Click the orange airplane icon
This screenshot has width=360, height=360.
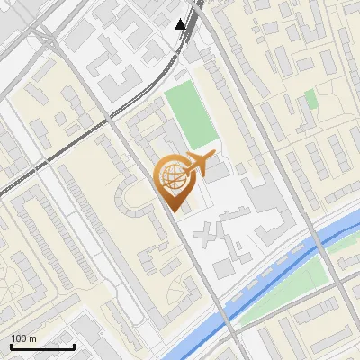tap(198, 163)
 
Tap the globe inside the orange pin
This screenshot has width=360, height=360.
tap(171, 175)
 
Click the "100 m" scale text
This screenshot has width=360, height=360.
tap(24, 338)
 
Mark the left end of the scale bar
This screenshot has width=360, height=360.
tap(11, 346)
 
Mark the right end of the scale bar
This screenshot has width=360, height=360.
tap(74, 346)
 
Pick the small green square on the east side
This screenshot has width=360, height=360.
tap(311, 99)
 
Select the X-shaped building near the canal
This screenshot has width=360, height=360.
tap(209, 235)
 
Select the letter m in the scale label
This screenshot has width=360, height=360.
tap(33, 338)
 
